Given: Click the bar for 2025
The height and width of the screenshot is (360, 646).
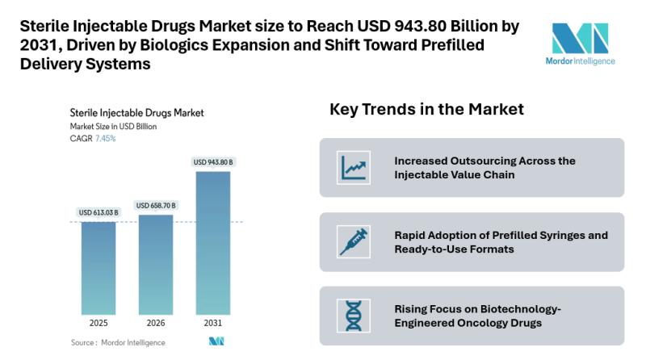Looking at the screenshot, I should point(98,267).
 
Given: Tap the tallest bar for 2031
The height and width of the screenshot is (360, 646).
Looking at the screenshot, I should point(212,242).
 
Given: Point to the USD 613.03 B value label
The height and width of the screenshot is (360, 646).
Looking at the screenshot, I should point(98,212).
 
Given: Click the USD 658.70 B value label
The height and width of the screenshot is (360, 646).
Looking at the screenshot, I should point(155,206).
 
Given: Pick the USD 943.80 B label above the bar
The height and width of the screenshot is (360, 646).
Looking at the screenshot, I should point(212,162).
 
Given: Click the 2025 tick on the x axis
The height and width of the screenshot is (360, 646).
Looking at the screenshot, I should point(98,323).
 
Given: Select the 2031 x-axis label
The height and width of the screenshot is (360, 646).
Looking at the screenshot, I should point(212,323).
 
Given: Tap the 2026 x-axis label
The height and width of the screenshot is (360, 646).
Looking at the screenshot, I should point(155,323).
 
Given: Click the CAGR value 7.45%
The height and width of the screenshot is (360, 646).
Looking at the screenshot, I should point(105,139).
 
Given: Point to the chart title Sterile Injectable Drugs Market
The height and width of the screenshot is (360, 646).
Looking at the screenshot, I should point(136,113).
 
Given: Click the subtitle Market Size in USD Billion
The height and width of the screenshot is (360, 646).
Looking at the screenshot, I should point(113,127).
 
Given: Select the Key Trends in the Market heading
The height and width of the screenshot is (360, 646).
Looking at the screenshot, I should point(426,109).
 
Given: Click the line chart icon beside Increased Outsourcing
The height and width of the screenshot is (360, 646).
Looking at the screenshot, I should point(354,167).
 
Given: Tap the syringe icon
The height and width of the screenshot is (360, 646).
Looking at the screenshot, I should point(354,241).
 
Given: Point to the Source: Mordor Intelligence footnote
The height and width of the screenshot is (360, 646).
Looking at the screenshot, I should point(118,342).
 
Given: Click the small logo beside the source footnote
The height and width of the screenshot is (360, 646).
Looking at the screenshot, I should point(216,342).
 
